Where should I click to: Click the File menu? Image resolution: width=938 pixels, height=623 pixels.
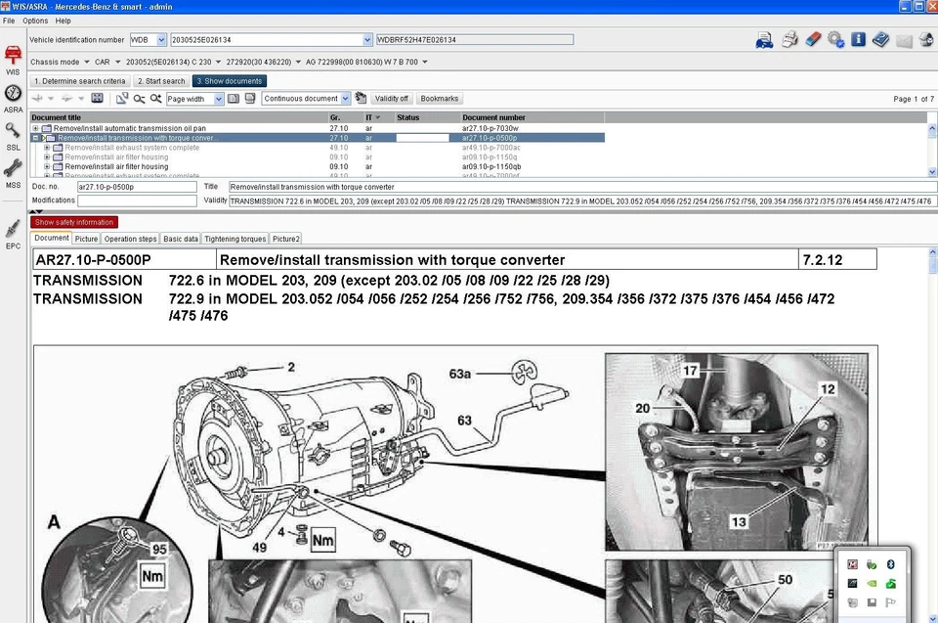(9, 21)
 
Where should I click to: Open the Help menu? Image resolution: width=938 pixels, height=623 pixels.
(64, 21)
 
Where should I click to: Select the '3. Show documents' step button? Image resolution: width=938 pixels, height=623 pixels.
(229, 81)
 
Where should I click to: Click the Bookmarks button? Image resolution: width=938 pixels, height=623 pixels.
(439, 99)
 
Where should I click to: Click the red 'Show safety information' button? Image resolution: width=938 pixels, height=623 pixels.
(74, 222)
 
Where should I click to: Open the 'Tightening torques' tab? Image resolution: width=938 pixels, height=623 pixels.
(235, 239)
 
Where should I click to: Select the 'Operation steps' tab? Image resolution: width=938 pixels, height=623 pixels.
(130, 239)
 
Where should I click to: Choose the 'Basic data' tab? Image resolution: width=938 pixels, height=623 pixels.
(181, 239)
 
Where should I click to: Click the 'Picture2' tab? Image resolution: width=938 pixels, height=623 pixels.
(286, 239)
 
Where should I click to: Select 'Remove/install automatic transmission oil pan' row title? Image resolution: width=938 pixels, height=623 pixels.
(129, 128)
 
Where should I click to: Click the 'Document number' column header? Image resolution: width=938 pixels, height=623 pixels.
(493, 117)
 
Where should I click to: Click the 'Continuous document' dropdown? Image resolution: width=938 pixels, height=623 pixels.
(306, 99)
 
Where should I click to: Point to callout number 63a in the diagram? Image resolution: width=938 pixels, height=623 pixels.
(460, 373)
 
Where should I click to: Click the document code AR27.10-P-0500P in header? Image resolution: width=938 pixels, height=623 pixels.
(94, 260)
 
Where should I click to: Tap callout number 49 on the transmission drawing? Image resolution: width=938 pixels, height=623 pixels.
(259, 548)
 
